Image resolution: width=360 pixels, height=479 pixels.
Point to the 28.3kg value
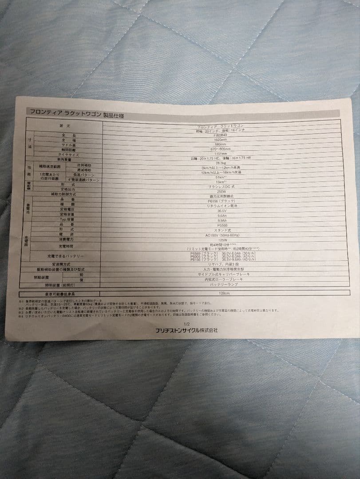(x=221, y=163)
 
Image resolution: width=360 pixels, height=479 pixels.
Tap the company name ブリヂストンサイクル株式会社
(x=186, y=330)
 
